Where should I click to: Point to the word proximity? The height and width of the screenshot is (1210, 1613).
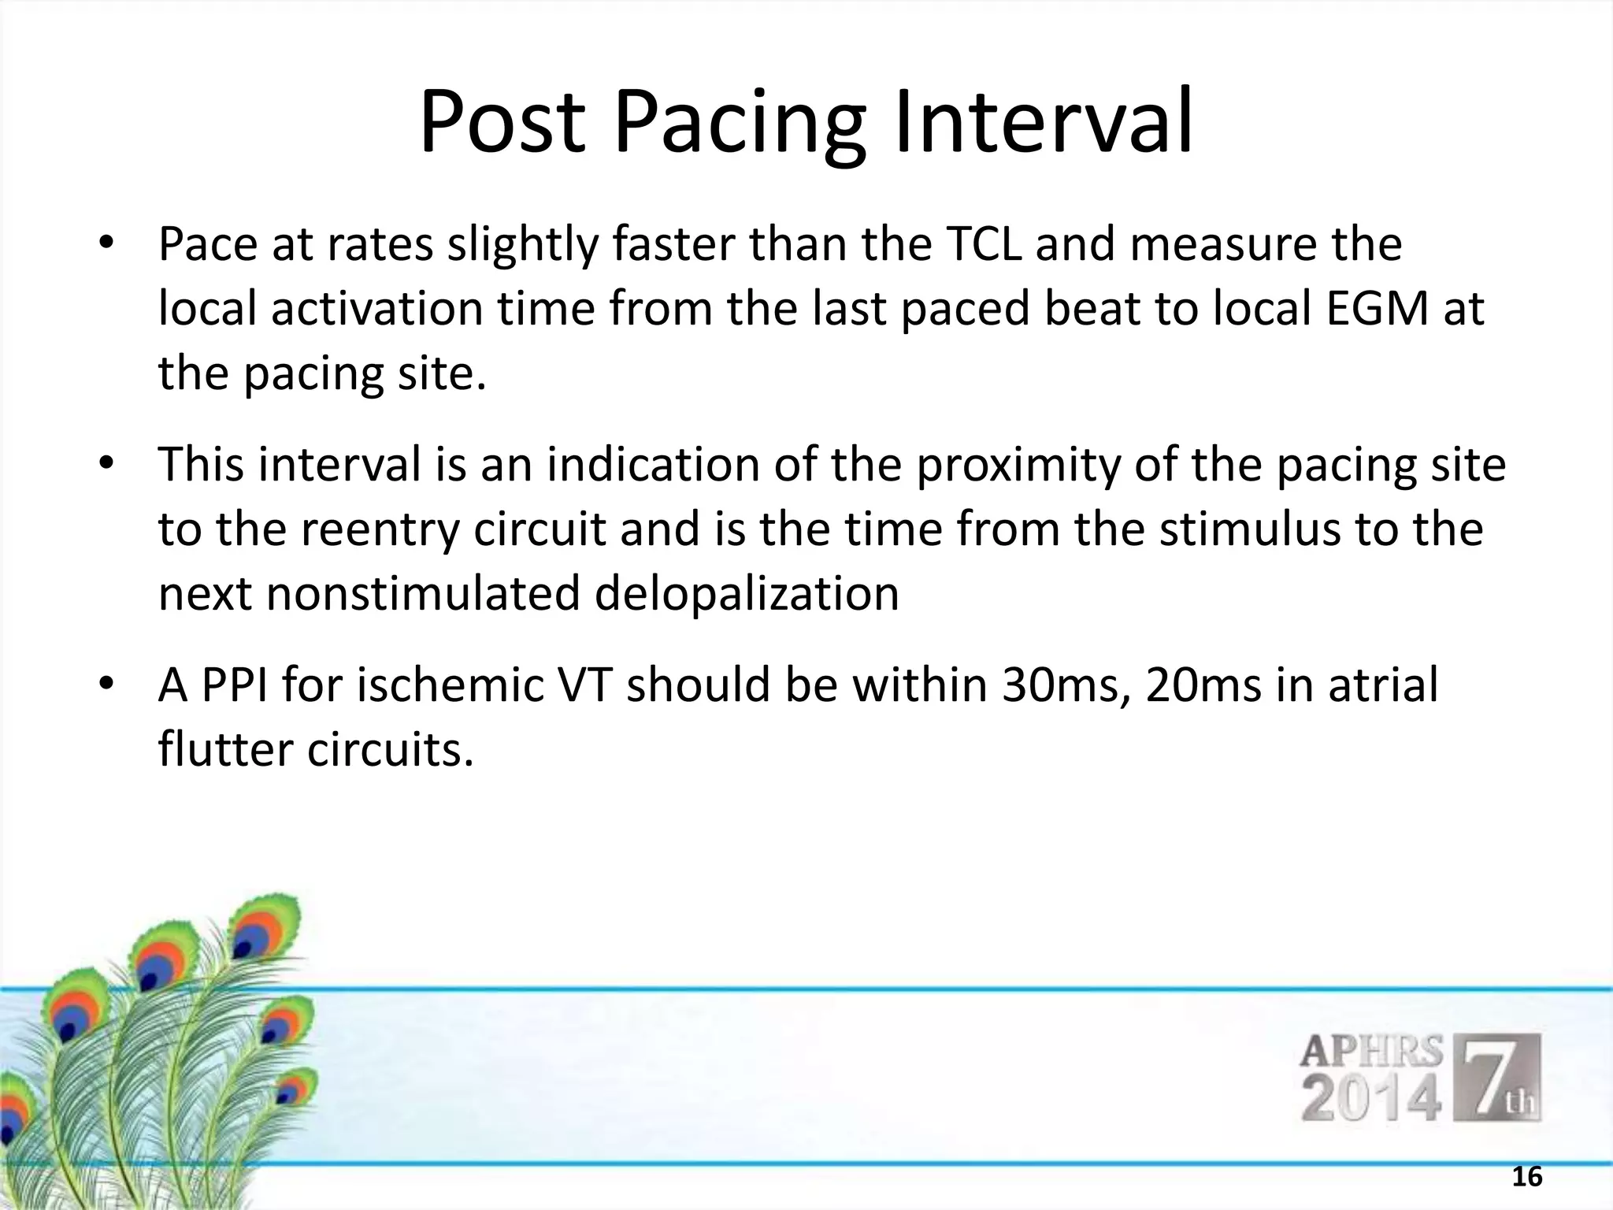click(1017, 466)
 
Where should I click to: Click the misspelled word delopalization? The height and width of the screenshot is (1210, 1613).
click(746, 592)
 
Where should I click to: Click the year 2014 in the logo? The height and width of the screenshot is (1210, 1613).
click(1371, 1098)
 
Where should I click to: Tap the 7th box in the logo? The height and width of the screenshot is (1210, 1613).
click(1501, 1078)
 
